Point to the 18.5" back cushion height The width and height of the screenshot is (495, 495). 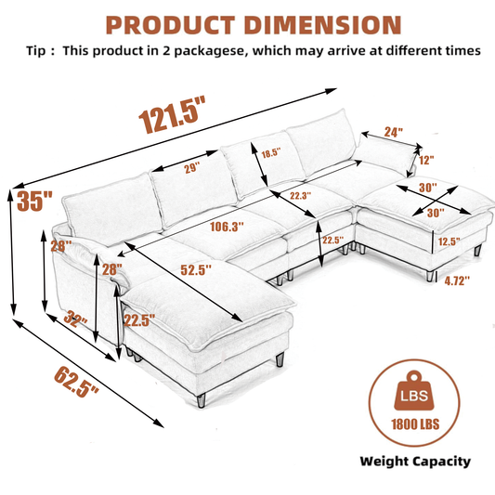272,153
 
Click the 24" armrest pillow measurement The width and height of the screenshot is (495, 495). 393,132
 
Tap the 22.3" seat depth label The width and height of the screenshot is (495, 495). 300,196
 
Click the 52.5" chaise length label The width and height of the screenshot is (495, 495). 195,271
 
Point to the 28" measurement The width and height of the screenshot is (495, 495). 112,269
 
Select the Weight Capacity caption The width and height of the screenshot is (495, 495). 415,461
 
